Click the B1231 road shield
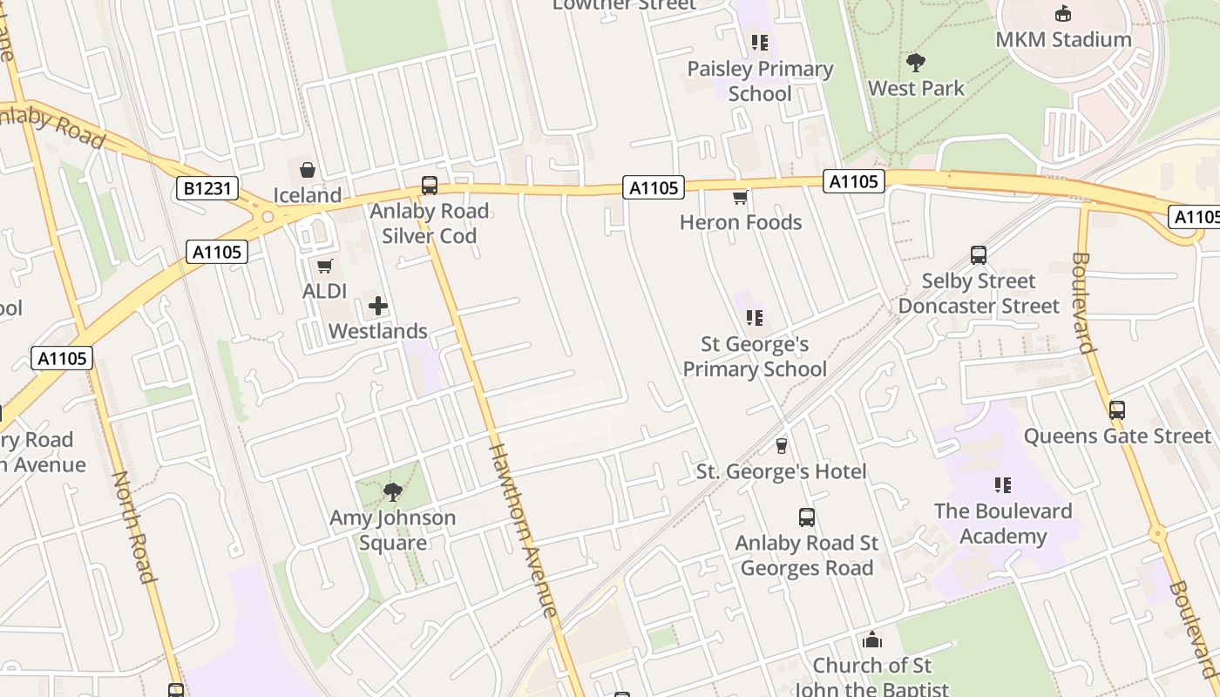tap(207, 187)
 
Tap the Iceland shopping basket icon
tap(307, 170)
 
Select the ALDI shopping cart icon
tap(325, 266)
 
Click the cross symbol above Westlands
tap(378, 306)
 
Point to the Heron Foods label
tap(741, 222)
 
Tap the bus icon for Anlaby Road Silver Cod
tap(430, 185)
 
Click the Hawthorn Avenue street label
tap(523, 531)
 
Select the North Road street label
tap(132, 527)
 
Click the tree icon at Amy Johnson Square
tap(393, 492)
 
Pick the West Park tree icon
tap(915, 62)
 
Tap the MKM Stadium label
tap(1063, 39)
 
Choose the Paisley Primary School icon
tap(760, 42)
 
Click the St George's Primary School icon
tap(755, 318)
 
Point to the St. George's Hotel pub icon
tap(781, 446)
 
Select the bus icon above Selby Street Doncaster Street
tap(979, 255)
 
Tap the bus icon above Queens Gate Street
tap(1117, 409)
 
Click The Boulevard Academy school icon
tap(1003, 484)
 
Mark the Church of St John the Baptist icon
tap(871, 640)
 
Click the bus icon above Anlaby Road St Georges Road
tap(807, 518)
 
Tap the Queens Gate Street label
tap(1117, 436)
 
